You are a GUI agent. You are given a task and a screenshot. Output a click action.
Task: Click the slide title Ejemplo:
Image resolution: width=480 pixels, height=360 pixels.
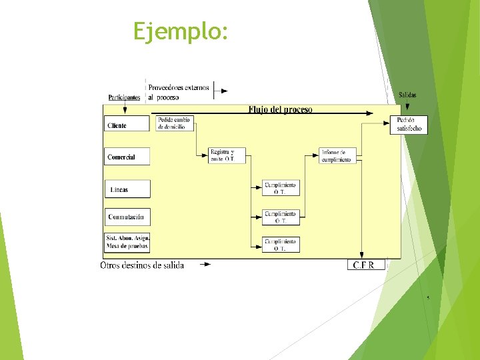tap(181, 31)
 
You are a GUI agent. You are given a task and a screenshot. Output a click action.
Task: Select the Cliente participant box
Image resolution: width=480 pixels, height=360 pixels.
tap(127, 124)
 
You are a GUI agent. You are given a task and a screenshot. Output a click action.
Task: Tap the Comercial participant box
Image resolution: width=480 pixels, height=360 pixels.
tap(127, 157)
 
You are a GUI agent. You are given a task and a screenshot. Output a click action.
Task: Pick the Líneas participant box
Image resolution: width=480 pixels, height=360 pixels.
tap(127, 189)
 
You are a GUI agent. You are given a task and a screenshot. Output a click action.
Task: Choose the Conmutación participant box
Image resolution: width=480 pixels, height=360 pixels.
tap(127, 217)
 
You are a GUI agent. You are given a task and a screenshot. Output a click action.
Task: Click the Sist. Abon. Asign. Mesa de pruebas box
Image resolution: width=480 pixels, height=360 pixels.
tap(127, 242)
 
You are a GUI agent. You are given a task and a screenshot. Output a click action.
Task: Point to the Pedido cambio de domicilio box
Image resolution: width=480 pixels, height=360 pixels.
tap(174, 123)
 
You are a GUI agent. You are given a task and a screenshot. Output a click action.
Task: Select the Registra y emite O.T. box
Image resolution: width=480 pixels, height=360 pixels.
tap(227, 155)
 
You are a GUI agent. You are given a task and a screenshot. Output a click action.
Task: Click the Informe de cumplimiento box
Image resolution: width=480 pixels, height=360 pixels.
tap(338, 156)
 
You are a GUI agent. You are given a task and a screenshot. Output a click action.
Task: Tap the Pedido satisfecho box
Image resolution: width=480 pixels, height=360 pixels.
tap(409, 124)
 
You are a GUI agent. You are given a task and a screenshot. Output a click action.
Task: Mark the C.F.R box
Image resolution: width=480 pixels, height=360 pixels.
tap(366, 265)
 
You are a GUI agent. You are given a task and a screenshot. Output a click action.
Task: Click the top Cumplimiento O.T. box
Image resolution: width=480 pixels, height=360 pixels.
tap(280, 188)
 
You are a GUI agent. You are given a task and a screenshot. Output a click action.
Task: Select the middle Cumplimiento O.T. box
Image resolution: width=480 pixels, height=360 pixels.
tap(280, 217)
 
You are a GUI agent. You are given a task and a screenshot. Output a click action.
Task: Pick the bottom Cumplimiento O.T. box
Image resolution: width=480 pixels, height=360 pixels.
tap(280, 244)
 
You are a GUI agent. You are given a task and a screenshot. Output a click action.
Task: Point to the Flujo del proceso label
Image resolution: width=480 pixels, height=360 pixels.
tap(280, 109)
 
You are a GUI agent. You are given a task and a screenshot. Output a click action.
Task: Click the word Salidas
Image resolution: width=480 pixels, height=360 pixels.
tap(407, 95)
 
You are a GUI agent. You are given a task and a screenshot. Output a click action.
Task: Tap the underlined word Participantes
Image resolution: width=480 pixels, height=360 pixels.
tap(123, 97)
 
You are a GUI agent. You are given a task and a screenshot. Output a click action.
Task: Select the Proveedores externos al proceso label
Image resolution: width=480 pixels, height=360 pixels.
tap(178, 92)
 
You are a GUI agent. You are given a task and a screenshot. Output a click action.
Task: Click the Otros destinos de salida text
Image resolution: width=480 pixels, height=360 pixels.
tap(142, 265)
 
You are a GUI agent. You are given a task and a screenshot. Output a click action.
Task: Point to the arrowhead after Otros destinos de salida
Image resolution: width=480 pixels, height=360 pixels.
tap(206, 265)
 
